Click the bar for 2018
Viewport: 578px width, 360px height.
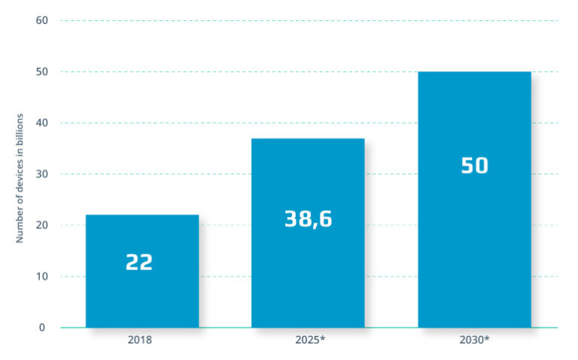pos(142,271)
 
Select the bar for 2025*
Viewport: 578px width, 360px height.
pos(308,233)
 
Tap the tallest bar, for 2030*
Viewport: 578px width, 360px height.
pos(474,200)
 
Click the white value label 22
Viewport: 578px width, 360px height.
pos(139,262)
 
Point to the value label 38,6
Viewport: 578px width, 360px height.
pos(308,218)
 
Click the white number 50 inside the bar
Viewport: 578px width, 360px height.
pos(474,166)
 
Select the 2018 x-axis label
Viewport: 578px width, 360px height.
pos(140,340)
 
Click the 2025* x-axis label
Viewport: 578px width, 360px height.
pos(310,340)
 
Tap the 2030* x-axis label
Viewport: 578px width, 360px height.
pos(474,340)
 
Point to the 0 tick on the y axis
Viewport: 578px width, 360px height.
pos(42,328)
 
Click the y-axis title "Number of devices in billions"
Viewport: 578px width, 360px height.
pos(20,178)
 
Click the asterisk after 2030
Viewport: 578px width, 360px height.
pos(487,338)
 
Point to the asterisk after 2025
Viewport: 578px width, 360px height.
pos(323,338)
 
